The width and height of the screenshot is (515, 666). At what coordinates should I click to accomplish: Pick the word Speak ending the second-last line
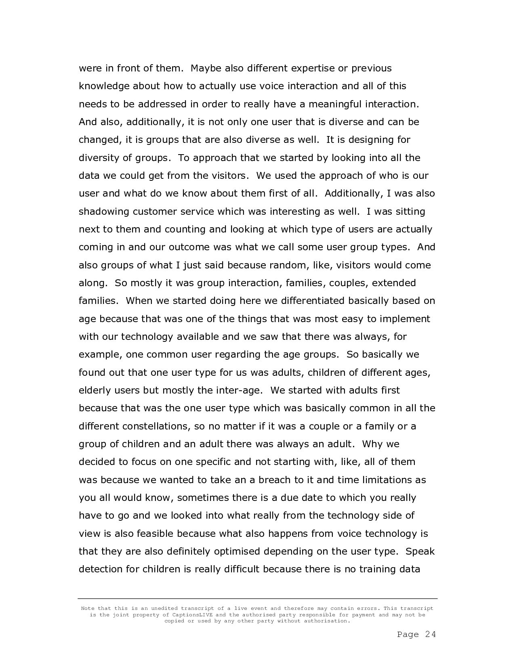420,551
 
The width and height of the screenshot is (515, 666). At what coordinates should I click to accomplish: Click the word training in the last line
377,570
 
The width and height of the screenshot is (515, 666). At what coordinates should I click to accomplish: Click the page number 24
431,635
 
